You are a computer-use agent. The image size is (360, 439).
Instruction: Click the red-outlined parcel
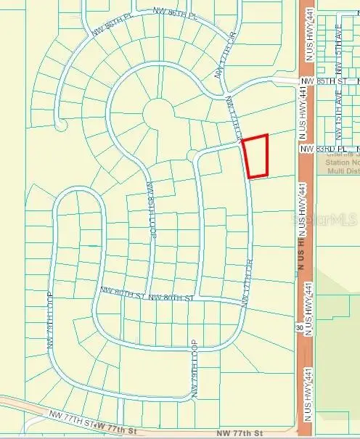(x=255, y=156)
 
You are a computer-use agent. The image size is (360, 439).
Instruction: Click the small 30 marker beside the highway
(x=300, y=328)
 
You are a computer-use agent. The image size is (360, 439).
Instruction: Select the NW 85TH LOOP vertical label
(x=152, y=210)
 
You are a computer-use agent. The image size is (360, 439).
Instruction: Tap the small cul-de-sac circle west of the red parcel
(x=192, y=155)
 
